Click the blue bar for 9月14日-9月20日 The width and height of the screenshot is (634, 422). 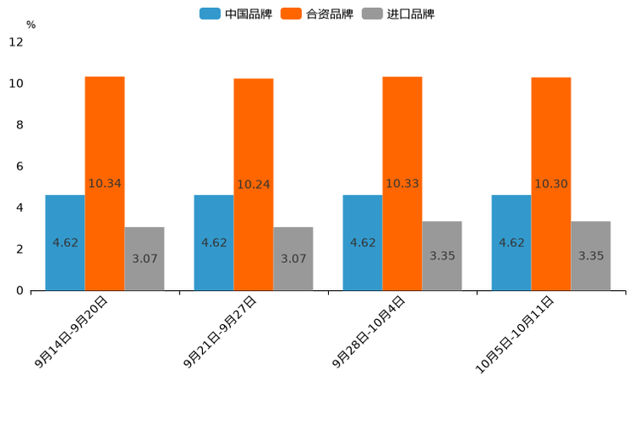(65, 242)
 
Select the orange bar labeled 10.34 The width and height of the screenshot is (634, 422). (105, 183)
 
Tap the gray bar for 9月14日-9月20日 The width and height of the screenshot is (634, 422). (144, 259)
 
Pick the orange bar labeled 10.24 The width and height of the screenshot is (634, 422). (253, 184)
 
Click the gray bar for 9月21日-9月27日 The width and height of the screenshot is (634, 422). (293, 259)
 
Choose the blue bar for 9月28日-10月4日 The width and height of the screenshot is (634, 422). (362, 242)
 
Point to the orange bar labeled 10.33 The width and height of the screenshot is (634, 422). (402, 183)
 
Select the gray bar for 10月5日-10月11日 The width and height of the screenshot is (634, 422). (591, 255)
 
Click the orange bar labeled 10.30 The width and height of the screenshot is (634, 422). (550, 184)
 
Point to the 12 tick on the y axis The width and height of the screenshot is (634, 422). (16, 42)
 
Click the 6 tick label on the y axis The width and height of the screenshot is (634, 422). (20, 166)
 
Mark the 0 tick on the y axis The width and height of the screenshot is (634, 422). (20, 290)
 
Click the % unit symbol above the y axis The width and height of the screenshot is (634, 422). (31, 25)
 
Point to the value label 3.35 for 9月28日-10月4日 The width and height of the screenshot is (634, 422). (442, 255)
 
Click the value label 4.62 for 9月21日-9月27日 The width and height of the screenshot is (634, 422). (214, 242)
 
